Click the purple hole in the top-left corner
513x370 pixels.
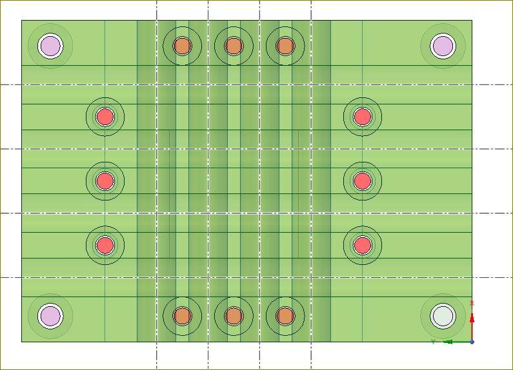(x=50, y=46)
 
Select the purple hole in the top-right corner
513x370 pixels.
(x=443, y=46)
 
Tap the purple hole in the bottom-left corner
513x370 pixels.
(x=50, y=316)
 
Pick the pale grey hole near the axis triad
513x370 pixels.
(x=443, y=316)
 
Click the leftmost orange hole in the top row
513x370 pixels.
(x=183, y=46)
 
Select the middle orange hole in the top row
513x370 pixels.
(x=234, y=46)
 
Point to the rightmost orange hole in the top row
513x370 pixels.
(x=285, y=46)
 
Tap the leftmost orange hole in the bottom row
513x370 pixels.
(x=183, y=316)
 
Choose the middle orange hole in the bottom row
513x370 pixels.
(x=234, y=316)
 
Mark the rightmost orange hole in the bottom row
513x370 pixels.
(x=285, y=316)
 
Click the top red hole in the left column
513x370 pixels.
(x=105, y=117)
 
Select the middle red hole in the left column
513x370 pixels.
(x=105, y=181)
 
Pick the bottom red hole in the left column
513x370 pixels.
(x=105, y=245)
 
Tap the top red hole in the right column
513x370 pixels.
(x=363, y=117)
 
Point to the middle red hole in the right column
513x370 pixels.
(x=363, y=181)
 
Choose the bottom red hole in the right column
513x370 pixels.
(x=363, y=245)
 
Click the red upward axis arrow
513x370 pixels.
(x=472, y=318)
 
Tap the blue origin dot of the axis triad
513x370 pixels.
(x=472, y=342)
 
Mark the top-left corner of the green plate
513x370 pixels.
(x=22, y=21)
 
